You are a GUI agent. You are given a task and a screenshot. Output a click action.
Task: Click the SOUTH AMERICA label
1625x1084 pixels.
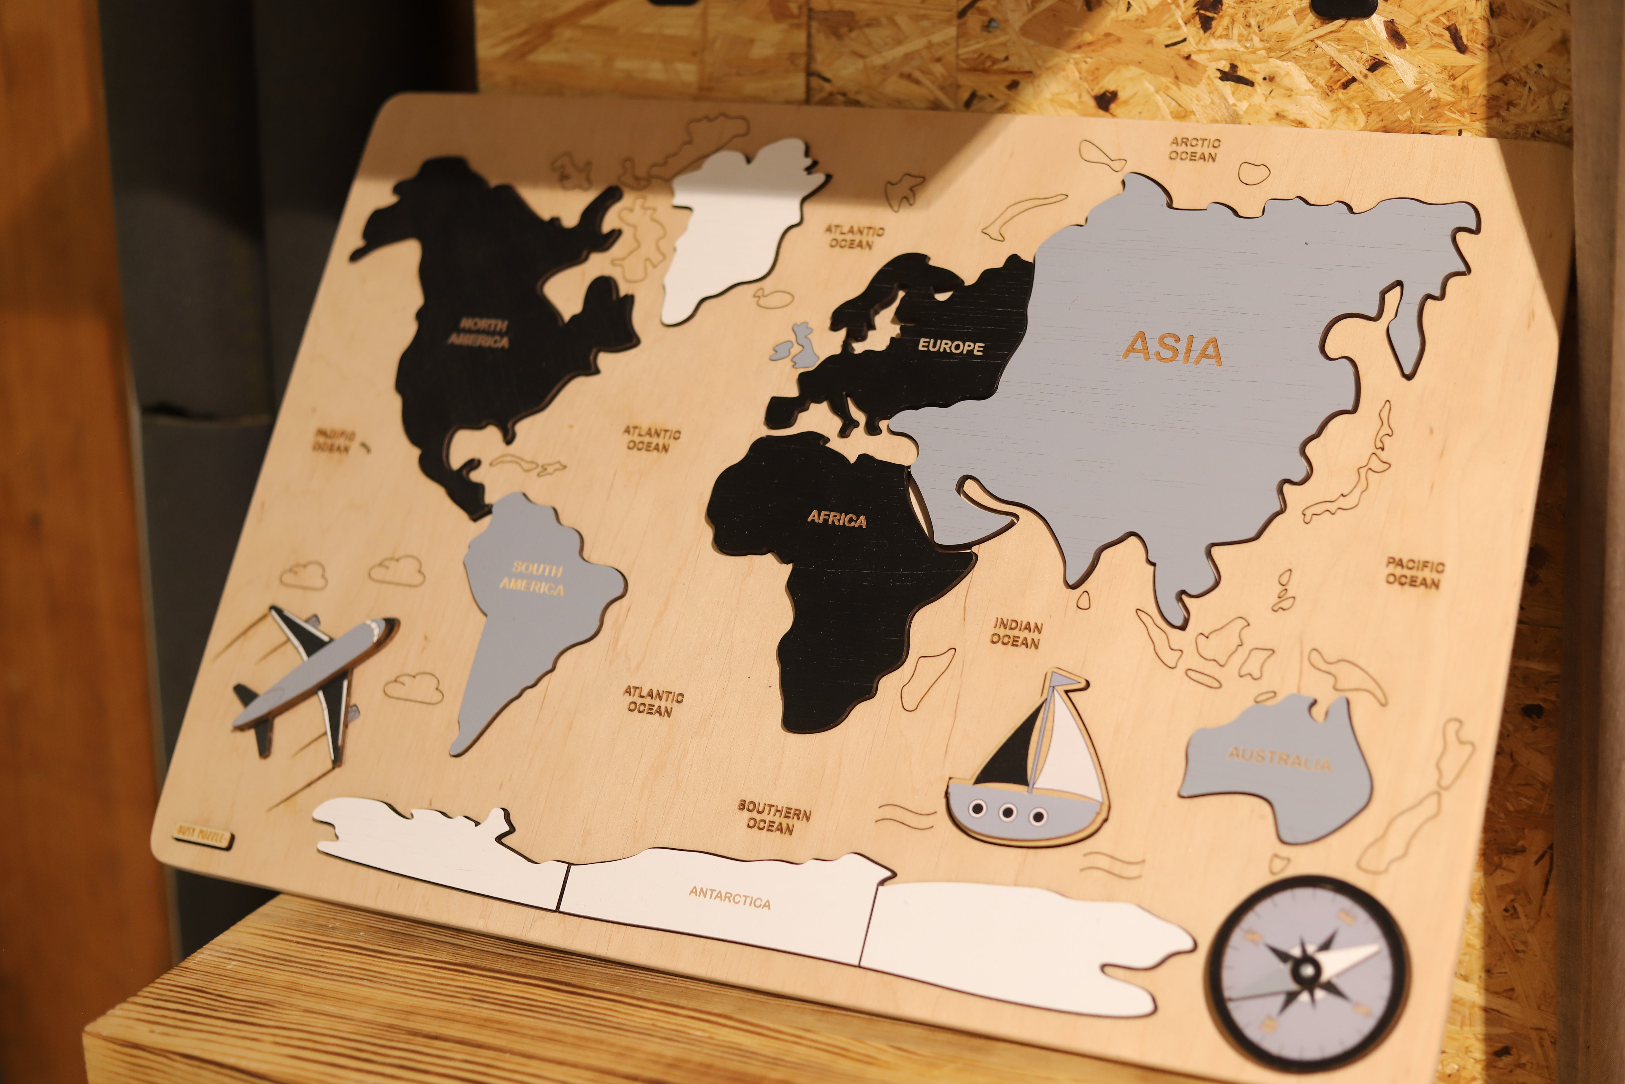[533, 579]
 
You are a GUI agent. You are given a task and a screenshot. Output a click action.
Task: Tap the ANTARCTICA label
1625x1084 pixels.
[730, 897]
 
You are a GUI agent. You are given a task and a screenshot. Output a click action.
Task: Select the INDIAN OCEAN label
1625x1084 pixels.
[1016, 633]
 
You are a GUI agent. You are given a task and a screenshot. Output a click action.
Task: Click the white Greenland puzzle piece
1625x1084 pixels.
[732, 228]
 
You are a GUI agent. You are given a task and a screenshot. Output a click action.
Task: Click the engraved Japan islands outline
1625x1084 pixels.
[1354, 477]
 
